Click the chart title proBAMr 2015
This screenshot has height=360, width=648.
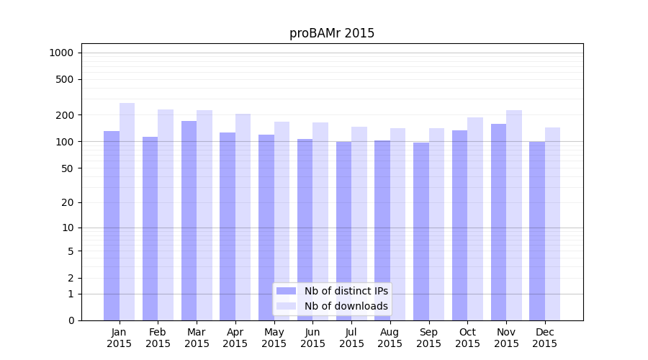click(x=332, y=34)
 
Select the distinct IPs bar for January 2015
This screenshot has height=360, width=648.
click(x=112, y=225)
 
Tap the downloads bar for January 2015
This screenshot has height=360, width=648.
click(x=127, y=212)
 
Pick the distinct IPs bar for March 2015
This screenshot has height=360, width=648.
click(x=189, y=220)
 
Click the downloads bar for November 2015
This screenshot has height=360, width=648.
click(x=514, y=215)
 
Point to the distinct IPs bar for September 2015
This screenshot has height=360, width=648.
click(x=421, y=231)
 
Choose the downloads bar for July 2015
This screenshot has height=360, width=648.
click(x=359, y=223)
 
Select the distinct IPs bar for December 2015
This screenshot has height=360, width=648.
click(x=537, y=230)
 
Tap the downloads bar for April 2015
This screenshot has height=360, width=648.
click(x=243, y=217)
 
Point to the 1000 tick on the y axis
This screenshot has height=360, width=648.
click(x=61, y=53)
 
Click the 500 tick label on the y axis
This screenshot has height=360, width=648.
click(x=64, y=79)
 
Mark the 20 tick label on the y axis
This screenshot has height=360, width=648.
click(x=67, y=202)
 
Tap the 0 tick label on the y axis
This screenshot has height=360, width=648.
click(x=71, y=320)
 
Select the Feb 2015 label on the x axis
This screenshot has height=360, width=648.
click(x=158, y=338)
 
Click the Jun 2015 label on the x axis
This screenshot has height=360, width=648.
click(x=312, y=338)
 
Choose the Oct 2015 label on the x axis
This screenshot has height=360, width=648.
click(x=467, y=338)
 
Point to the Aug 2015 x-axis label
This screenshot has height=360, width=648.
click(x=390, y=338)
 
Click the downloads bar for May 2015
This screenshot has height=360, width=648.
click(x=282, y=221)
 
